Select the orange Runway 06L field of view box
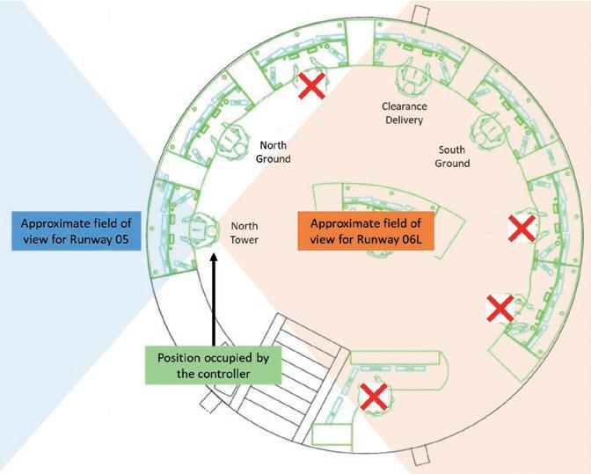click(x=365, y=232)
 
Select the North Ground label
click(x=273, y=151)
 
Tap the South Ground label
click(x=454, y=157)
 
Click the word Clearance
click(x=403, y=106)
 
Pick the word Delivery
click(x=403, y=120)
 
